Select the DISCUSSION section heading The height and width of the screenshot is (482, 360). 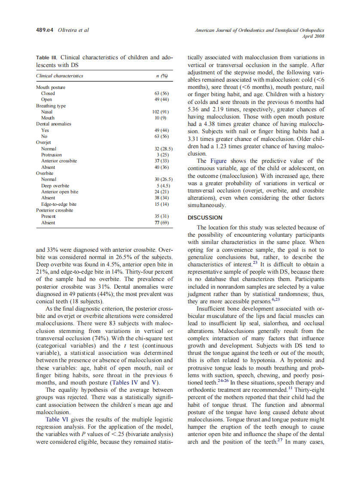pos(205,218)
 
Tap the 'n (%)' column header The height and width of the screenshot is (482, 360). pos(162,76)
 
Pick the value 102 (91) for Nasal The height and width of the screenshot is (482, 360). pos(161,112)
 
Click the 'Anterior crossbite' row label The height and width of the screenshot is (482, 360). pos(59,161)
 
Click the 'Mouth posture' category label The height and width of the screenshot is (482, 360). pos(51,87)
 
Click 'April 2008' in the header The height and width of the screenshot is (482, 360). pos(314,37)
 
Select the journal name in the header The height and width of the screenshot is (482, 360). pos(259,31)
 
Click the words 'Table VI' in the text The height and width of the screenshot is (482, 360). pos(58,419)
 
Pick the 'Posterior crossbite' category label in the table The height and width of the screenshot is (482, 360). pos(55,210)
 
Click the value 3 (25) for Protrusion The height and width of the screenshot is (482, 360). pos(162,155)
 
